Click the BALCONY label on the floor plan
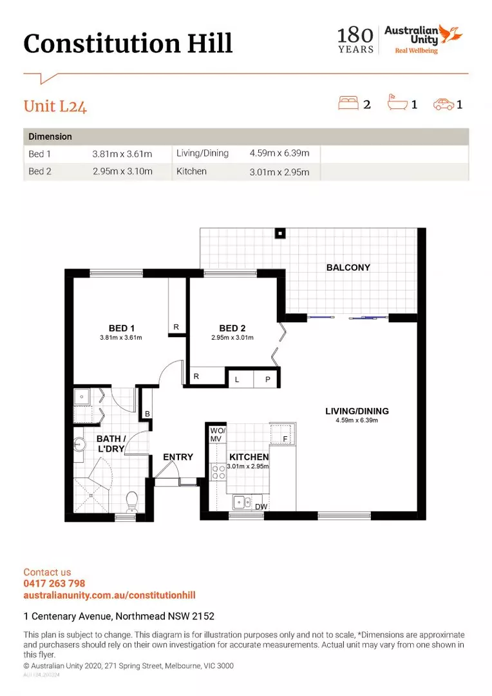(x=348, y=267)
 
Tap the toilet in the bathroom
(x=132, y=501)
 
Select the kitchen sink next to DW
(x=242, y=501)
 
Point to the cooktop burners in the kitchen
(x=218, y=472)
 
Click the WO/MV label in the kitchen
(x=218, y=434)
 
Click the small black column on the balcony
(x=280, y=233)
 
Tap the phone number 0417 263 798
(x=54, y=583)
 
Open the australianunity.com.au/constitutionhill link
(x=109, y=595)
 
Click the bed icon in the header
(x=348, y=102)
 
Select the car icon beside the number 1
(x=443, y=104)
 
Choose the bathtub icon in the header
(x=397, y=102)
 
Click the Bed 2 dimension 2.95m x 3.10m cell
(x=122, y=171)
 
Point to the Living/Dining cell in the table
(x=202, y=153)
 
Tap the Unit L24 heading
(x=55, y=106)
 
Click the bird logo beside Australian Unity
(x=451, y=34)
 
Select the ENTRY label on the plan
(x=178, y=457)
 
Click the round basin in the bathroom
(x=79, y=444)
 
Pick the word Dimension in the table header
(x=50, y=137)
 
